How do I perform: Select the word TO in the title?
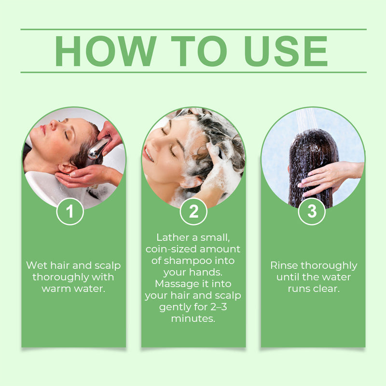[198, 51]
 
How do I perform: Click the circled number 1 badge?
[70, 211]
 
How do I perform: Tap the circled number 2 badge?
[193, 211]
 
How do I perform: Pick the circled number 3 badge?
[312, 211]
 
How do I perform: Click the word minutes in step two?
[193, 318]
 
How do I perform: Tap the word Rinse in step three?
[284, 265]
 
